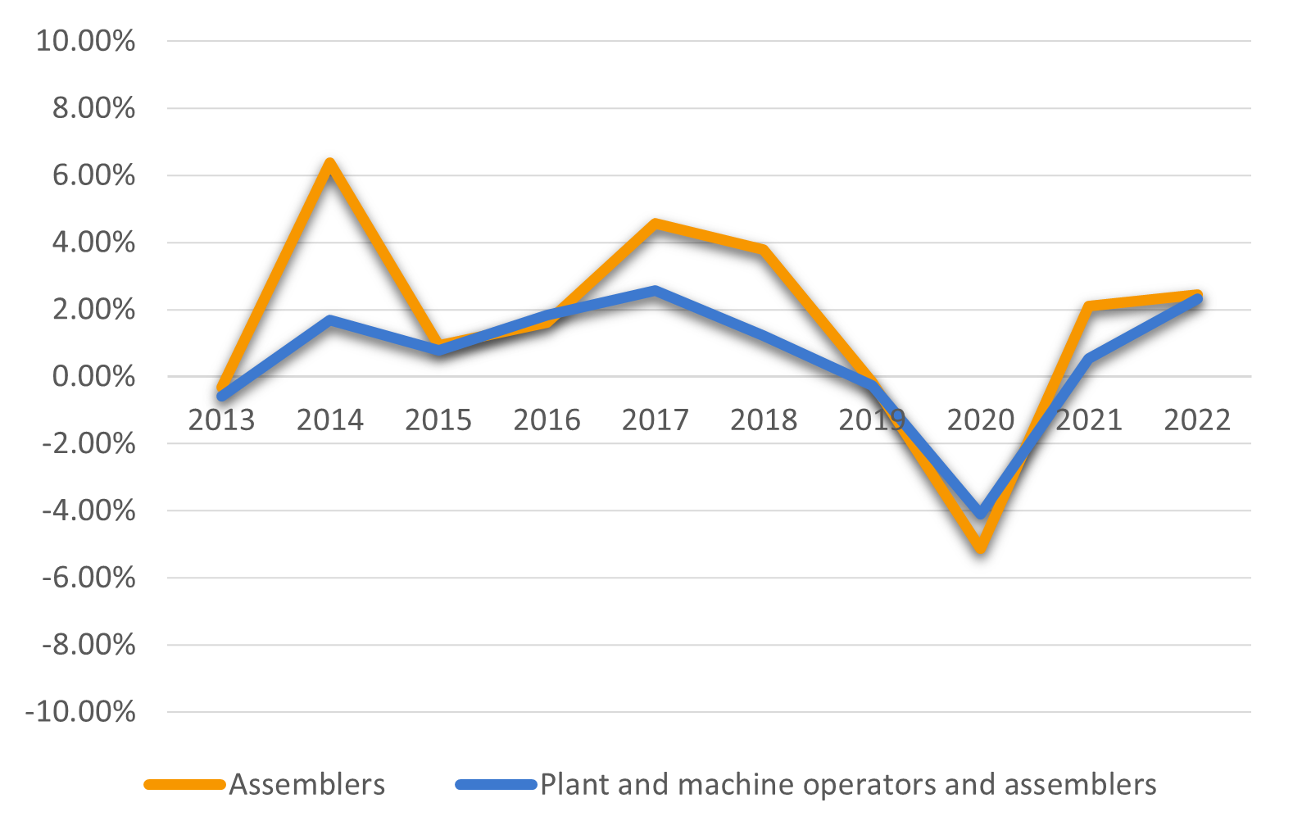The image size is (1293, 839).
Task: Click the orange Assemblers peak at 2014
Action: [x=329, y=164]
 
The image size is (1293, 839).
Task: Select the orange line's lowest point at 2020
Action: [x=980, y=547]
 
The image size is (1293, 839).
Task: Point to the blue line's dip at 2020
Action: [x=980, y=513]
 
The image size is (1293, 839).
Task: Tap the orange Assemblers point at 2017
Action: [x=655, y=224]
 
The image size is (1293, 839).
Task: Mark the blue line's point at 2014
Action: [x=329, y=320]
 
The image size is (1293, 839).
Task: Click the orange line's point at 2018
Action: [x=764, y=249]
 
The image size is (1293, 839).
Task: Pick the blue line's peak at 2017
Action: [x=655, y=290]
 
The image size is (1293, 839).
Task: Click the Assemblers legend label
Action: [x=306, y=784]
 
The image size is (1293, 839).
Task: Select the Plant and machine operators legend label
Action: [x=848, y=784]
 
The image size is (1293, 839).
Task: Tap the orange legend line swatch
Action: [x=184, y=784]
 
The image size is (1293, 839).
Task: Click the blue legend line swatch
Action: [x=496, y=784]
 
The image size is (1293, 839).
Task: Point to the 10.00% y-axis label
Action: [x=85, y=41]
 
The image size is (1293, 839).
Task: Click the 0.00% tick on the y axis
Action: [x=93, y=377]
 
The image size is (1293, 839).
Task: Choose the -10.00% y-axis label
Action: [x=80, y=711]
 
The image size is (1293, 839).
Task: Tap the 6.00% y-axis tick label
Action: [x=93, y=175]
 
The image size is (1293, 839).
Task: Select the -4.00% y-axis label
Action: [x=88, y=510]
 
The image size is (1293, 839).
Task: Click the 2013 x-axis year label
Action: [x=221, y=420]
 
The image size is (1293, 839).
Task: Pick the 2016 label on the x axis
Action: [x=547, y=420]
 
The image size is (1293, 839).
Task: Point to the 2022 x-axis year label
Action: [x=1197, y=420]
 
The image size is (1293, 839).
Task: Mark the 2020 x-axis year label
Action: [x=980, y=420]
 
